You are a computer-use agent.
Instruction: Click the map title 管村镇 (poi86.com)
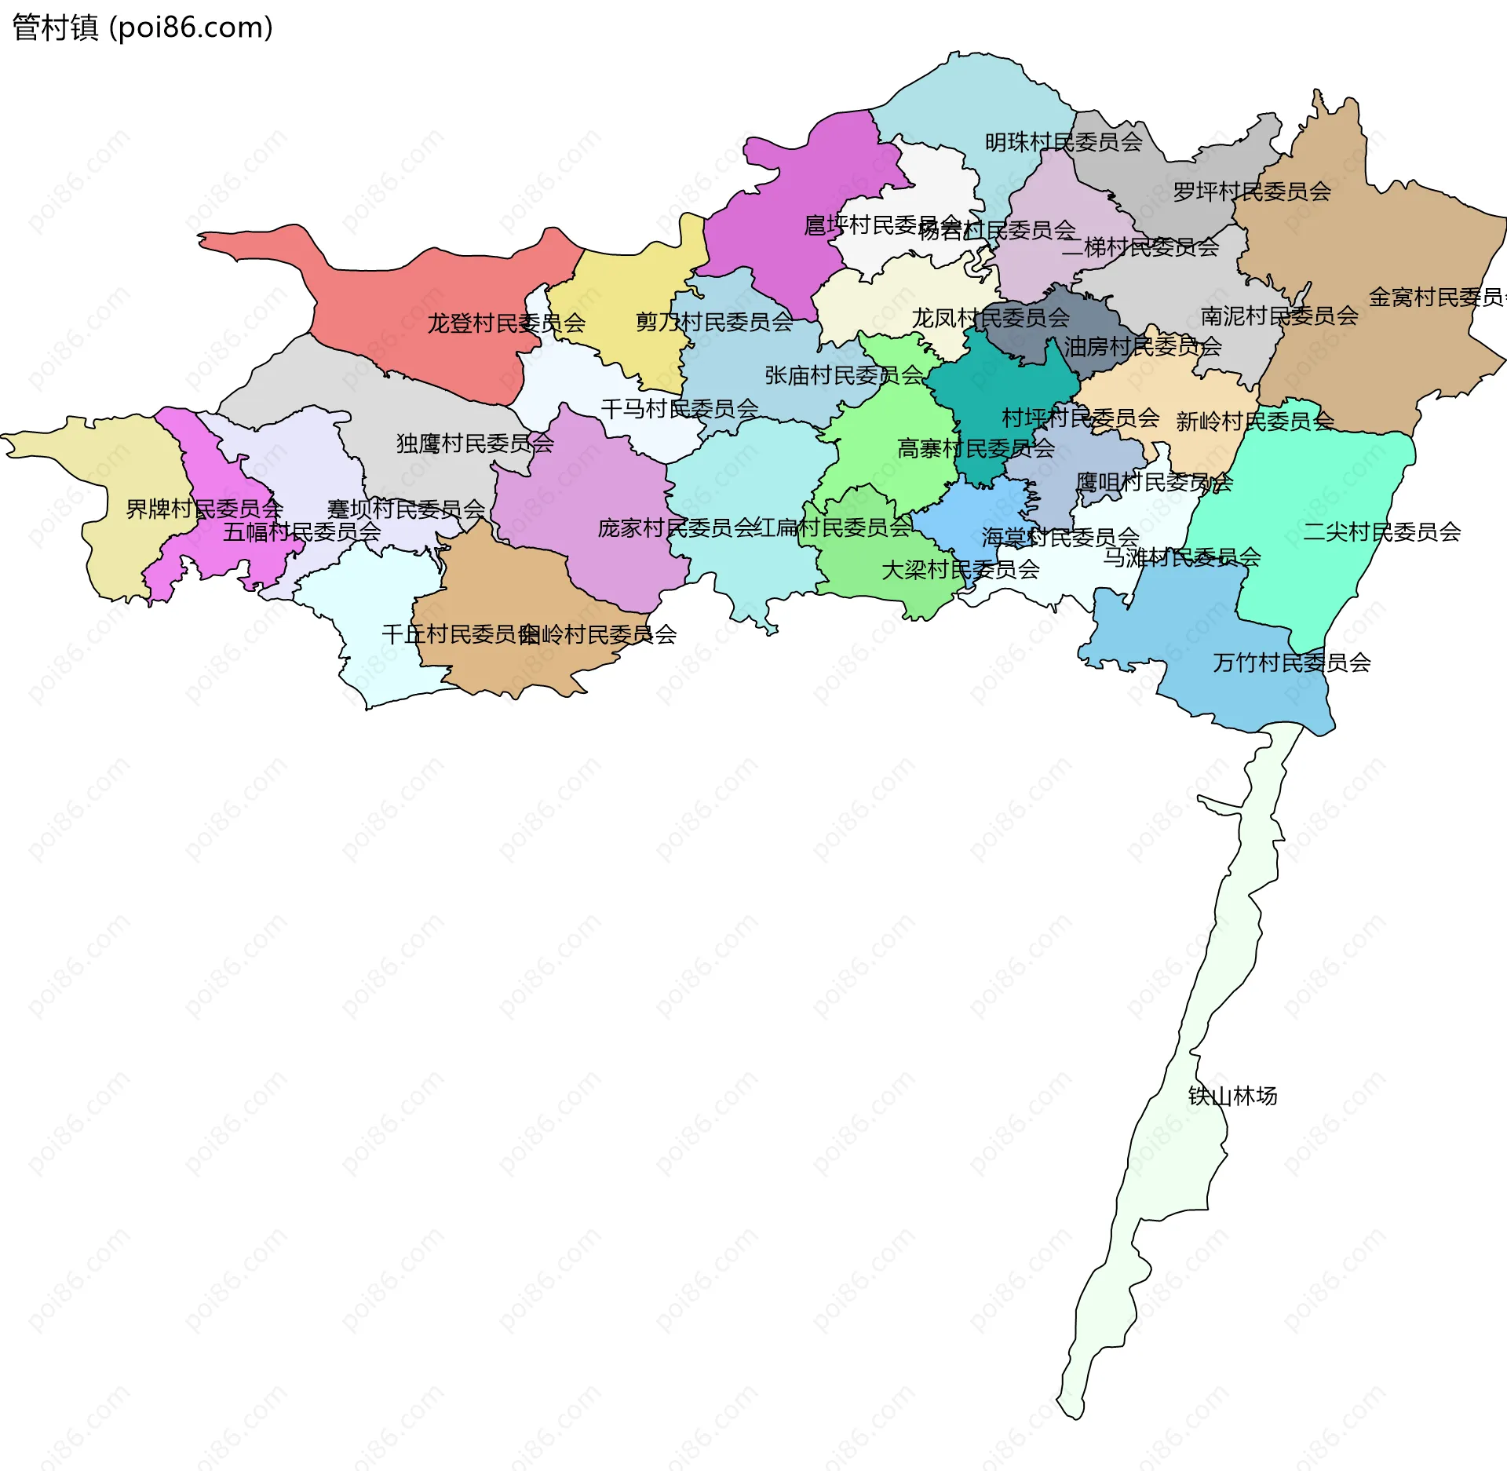coord(142,27)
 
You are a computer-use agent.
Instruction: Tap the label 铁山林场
coord(1232,1096)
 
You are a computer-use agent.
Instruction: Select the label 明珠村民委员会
coord(1064,142)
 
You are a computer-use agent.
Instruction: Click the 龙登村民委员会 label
coord(506,323)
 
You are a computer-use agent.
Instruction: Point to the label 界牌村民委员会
coord(204,509)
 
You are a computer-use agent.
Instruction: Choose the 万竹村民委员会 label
coord(1292,663)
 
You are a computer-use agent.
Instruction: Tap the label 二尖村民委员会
coord(1381,532)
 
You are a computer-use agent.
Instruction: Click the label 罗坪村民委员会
coord(1252,192)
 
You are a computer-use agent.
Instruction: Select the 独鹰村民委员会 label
coord(475,443)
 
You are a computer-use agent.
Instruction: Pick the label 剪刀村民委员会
coord(714,322)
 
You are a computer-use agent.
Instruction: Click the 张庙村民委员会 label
coord(844,375)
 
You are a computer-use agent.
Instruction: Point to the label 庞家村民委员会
coord(677,528)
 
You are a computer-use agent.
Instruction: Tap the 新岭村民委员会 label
coord(1254,422)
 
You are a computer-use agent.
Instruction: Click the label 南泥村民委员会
coord(1279,316)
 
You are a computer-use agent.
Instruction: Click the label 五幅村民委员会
coord(302,532)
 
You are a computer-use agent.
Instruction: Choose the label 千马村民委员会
coord(680,409)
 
